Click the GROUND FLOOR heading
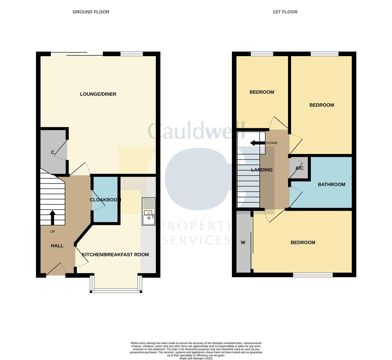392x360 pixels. tap(91, 12)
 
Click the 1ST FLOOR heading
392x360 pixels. tap(285, 12)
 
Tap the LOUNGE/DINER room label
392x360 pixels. tap(98, 94)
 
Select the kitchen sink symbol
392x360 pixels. tap(148, 212)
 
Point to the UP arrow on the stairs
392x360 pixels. tap(52, 217)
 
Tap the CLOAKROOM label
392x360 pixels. tap(105, 200)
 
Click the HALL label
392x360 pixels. tap(57, 246)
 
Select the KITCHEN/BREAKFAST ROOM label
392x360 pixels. tap(115, 255)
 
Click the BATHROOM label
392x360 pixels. tap(331, 185)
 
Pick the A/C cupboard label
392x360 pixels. tap(299, 168)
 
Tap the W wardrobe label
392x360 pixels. tap(243, 243)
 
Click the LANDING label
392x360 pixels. tap(262, 170)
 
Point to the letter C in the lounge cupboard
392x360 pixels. tap(53, 153)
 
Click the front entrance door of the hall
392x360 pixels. tap(55, 270)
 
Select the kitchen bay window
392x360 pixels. tap(116, 290)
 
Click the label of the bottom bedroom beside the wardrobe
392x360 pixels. tap(303, 243)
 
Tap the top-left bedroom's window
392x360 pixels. tap(262, 54)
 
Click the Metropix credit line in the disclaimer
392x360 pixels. tap(196, 358)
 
